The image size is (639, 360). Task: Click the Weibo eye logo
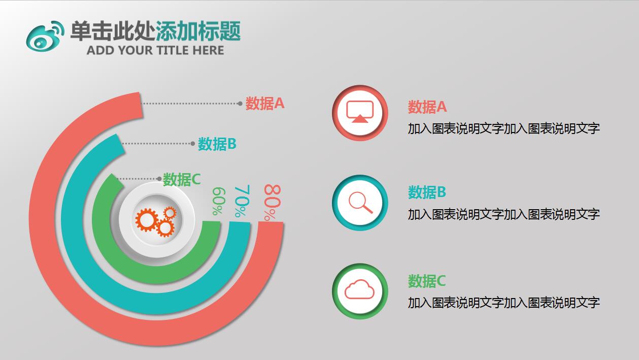pos(44,36)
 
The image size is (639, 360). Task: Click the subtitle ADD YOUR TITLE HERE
pos(155,50)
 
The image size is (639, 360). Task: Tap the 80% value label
pos(272,203)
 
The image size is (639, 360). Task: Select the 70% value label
pos(242,202)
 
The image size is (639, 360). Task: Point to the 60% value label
pos(218,202)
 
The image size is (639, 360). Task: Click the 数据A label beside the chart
pos(265,104)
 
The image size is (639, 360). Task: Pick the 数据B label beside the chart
pos(217,144)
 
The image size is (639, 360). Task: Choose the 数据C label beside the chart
pos(182,179)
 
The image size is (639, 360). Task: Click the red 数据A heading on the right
pos(427,107)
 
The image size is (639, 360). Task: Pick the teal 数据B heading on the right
pos(427,192)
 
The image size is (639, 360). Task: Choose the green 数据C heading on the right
pos(427,281)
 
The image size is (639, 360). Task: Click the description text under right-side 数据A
pos(503,128)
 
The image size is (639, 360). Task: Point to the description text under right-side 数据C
pos(503,303)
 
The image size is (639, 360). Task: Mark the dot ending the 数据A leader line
pos(240,104)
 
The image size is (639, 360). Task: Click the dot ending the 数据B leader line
pos(193,144)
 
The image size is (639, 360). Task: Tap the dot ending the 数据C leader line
pos(159,179)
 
